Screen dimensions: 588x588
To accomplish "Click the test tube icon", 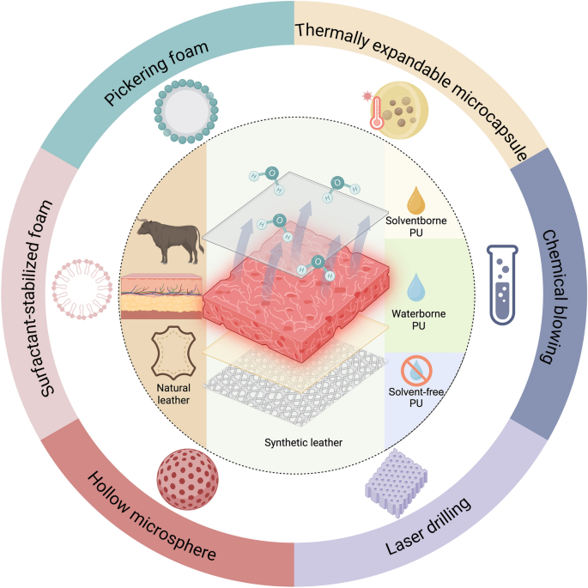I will click(x=506, y=283).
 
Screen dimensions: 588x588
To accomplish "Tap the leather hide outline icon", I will click(x=173, y=351).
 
